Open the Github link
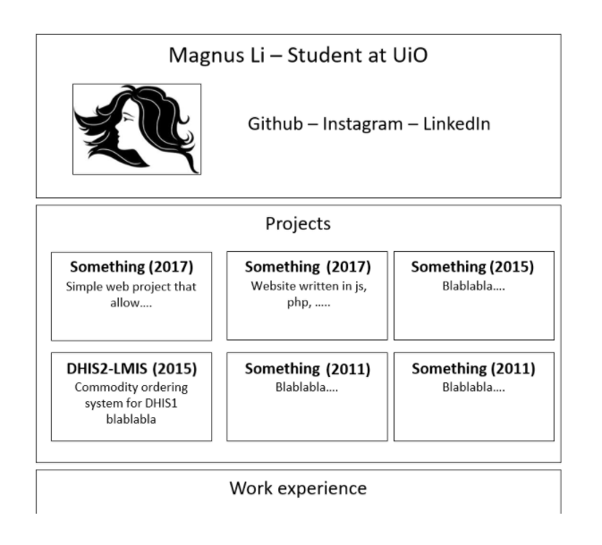[x=276, y=124]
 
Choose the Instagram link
[x=362, y=124]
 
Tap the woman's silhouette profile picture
[x=137, y=130]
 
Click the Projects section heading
[x=298, y=223]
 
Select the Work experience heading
[x=298, y=488]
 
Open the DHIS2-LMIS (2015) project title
[x=131, y=368]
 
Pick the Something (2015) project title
[x=473, y=266]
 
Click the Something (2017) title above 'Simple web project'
[x=131, y=266]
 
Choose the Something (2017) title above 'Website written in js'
[x=307, y=266]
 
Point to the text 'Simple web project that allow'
[x=131, y=294]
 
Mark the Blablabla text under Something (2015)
[x=473, y=287]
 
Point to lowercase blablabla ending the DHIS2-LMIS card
[x=131, y=419]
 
